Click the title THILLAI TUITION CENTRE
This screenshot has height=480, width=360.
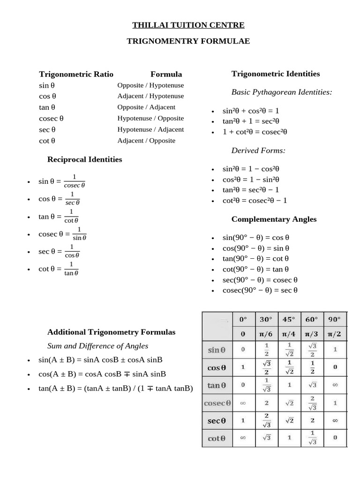point(188,25)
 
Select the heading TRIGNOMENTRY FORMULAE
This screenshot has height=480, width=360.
point(188,41)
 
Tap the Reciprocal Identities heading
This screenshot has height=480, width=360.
point(84,159)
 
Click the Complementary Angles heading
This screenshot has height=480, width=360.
point(274,219)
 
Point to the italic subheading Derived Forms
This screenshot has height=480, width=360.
point(258,150)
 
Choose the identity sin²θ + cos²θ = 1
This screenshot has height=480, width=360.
point(251,111)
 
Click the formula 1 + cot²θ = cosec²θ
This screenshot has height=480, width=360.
point(255,132)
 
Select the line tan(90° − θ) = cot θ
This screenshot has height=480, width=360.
point(255,258)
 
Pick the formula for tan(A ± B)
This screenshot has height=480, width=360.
point(115,388)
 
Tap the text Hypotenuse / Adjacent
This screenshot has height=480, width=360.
point(150,129)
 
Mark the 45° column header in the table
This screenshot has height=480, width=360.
point(289,319)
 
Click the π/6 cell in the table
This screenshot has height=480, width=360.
point(266,334)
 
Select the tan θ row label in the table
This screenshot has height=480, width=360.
point(217,385)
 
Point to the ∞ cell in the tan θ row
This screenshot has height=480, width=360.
point(335,385)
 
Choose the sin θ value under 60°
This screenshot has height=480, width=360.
point(312,350)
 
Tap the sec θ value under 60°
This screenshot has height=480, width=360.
point(312,420)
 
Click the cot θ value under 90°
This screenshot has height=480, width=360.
point(335,438)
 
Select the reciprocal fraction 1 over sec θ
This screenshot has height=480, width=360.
point(72,198)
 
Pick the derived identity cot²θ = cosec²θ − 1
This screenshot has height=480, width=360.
point(255,200)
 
